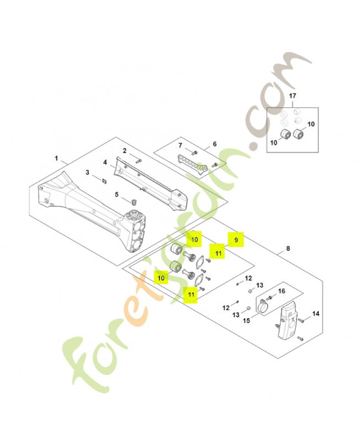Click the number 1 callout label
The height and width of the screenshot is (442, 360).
tap(56, 158)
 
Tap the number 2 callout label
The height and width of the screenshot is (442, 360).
tap(125, 151)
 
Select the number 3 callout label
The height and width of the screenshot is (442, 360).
tap(87, 173)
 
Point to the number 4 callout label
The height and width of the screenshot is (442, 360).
tap(104, 162)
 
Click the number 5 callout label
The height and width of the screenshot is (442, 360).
tap(117, 194)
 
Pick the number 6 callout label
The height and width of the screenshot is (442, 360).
tap(214, 144)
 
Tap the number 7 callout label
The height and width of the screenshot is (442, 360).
tap(180, 145)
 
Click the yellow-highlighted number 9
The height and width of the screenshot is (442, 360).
tap(236, 240)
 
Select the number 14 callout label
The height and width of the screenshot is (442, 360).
tap(316, 314)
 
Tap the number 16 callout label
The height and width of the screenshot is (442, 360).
tap(281, 291)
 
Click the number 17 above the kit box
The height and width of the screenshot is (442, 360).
tap(293, 97)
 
